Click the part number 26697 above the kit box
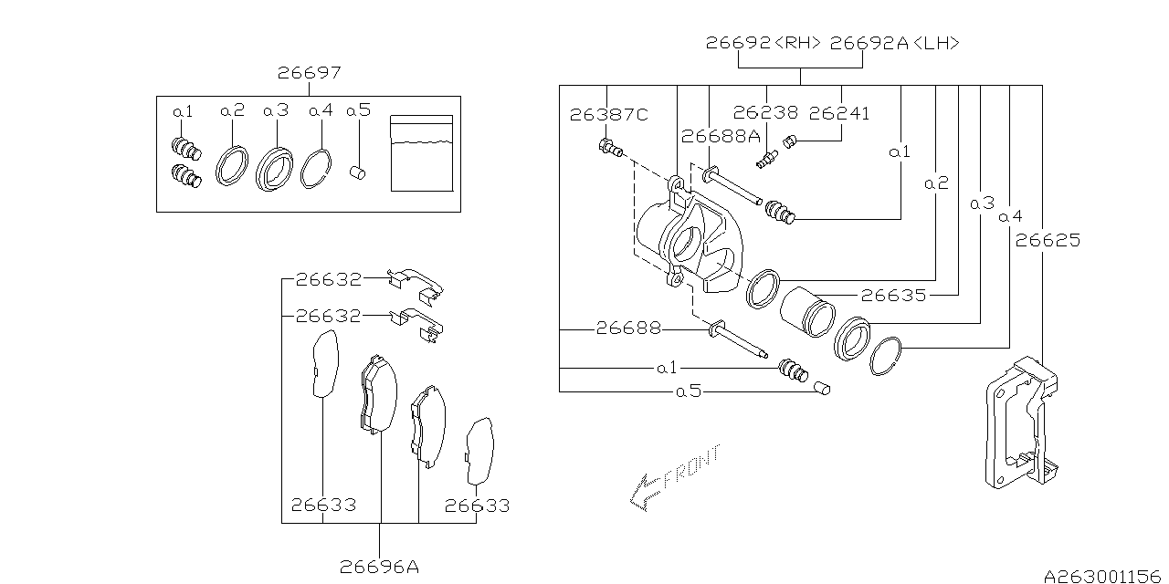click(311, 73)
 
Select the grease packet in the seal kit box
click(421, 153)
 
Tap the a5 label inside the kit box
click(358, 110)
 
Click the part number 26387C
click(608, 114)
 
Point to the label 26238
click(765, 114)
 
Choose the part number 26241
click(839, 114)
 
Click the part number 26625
click(1048, 241)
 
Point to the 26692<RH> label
click(764, 43)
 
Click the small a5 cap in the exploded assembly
click(822, 390)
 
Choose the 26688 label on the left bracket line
click(628, 327)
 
